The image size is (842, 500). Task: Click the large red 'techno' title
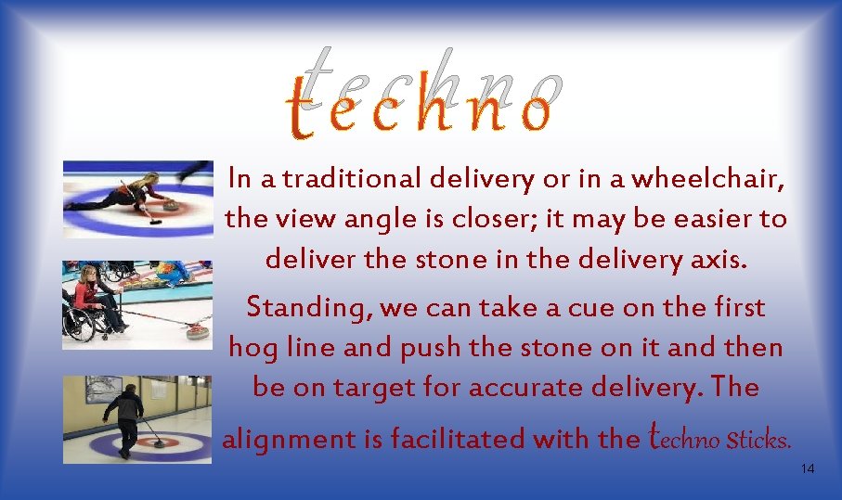coord(421,108)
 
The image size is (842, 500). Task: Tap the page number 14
coord(807,469)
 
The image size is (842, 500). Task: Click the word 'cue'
coord(551,308)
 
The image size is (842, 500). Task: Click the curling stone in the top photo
coord(170,207)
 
